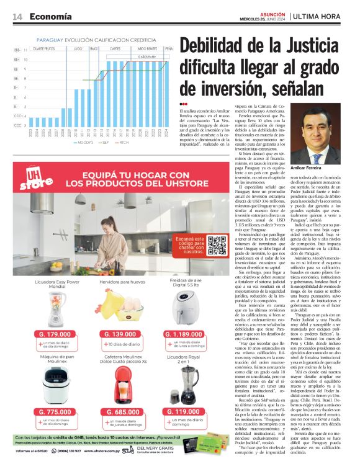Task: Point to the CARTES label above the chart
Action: tap(115, 48)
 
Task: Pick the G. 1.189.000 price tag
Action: tap(187, 334)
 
